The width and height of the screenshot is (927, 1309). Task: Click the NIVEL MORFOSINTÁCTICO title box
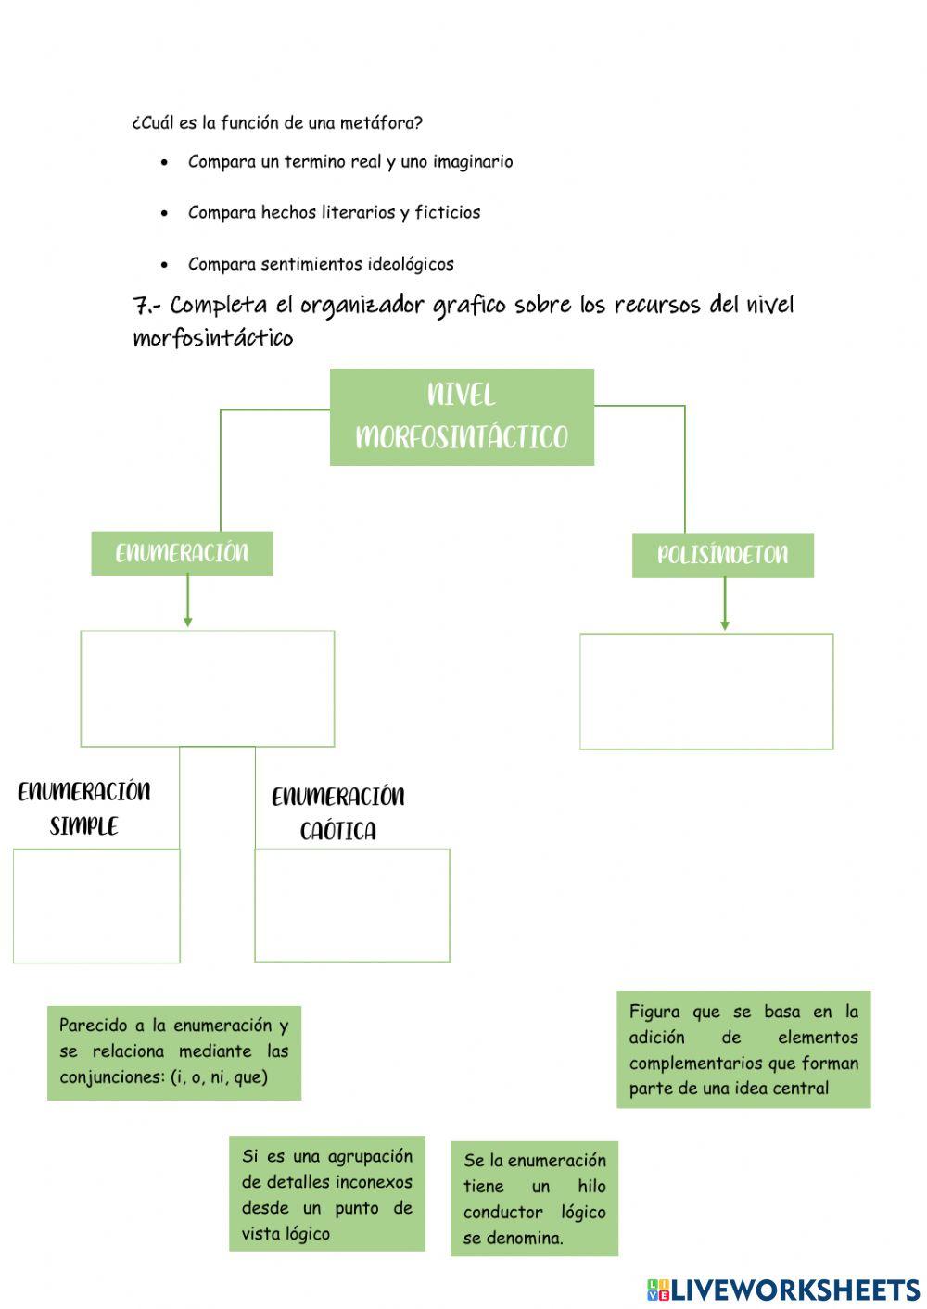tap(462, 417)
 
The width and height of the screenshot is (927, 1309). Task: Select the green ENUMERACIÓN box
tap(182, 553)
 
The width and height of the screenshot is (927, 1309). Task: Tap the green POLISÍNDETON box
tap(722, 555)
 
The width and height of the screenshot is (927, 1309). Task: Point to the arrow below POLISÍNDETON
tap(724, 604)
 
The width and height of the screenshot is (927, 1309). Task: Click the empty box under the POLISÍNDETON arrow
tap(706, 691)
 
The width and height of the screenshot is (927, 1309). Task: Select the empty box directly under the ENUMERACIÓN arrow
tap(207, 688)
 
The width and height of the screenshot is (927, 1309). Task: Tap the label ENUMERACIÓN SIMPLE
tap(84, 808)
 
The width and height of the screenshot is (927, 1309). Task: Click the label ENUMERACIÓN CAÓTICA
tap(338, 813)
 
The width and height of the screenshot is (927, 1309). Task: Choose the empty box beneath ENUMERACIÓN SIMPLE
tap(96, 905)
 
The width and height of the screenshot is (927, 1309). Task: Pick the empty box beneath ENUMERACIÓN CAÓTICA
tap(352, 905)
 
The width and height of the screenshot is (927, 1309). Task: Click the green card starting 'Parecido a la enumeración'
tap(174, 1051)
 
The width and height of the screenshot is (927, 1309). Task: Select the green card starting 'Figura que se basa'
tap(743, 1050)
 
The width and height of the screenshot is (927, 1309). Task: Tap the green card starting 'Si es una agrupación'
tap(327, 1194)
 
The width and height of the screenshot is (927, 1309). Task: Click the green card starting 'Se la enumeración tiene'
tap(534, 1199)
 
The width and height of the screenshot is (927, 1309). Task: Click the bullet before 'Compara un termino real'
tap(165, 162)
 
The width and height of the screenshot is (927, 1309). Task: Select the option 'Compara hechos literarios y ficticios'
tap(334, 212)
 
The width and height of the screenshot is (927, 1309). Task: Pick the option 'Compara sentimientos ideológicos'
tap(321, 264)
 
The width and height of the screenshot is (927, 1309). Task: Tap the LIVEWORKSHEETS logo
tap(783, 1289)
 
